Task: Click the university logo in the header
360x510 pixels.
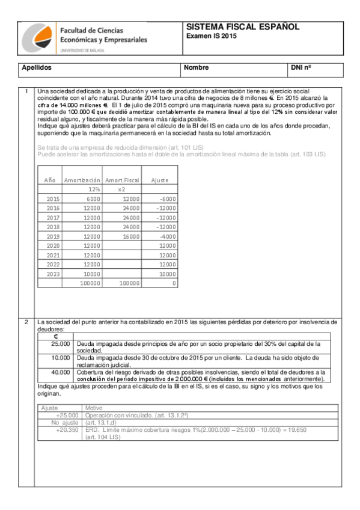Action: pos(38,40)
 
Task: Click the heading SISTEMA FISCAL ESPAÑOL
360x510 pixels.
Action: pos(243,28)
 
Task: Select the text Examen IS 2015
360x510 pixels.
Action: pos(211,37)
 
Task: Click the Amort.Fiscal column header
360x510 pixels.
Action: pos(122,180)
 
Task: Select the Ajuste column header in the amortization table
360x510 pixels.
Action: pos(159,180)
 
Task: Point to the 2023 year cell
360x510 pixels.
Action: pos(53,273)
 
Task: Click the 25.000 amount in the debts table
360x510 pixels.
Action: pos(60,343)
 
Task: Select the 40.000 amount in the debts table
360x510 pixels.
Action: pos(60,372)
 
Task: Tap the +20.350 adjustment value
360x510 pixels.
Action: pos(66,430)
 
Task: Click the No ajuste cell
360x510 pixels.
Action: pos(64,423)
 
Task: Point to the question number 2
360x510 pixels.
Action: pos(26,322)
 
